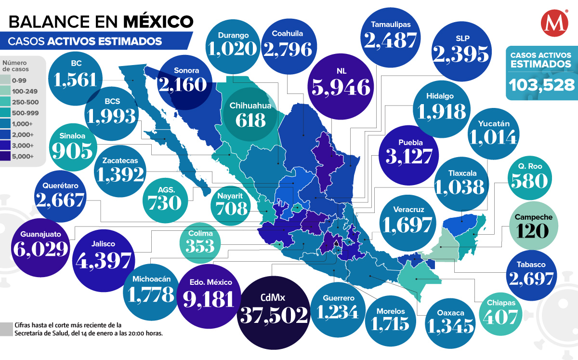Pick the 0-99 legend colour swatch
click(8, 80)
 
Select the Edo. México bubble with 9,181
click(208, 294)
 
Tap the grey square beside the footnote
click(6, 329)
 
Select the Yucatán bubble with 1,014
click(494, 131)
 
